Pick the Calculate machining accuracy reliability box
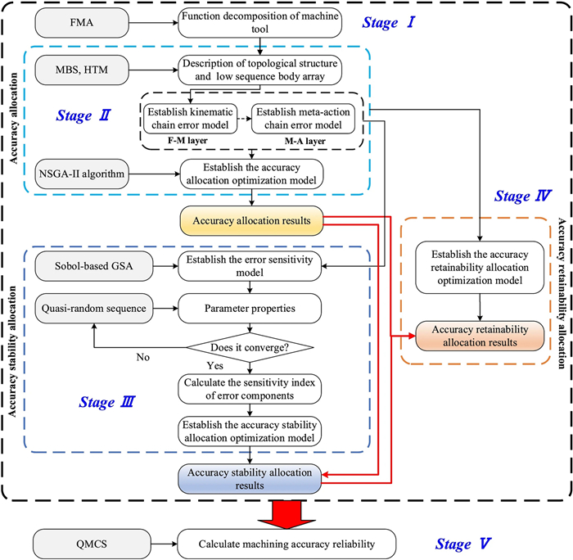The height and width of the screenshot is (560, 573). (x=286, y=544)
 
